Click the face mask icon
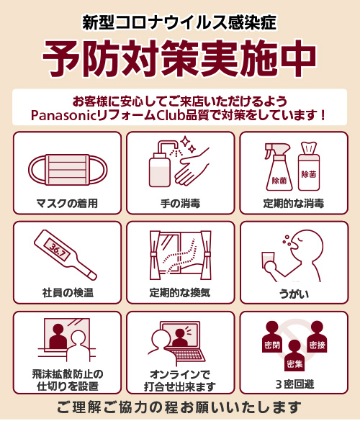click(x=68, y=170)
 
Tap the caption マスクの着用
click(x=67, y=204)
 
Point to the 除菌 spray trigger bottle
click(x=278, y=167)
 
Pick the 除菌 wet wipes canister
click(x=309, y=166)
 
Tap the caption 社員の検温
click(x=68, y=293)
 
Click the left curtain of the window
click(x=155, y=255)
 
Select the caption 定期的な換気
click(x=180, y=292)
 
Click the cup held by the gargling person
click(x=268, y=259)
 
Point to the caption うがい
click(x=294, y=294)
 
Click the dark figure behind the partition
click(x=58, y=336)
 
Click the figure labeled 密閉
click(x=272, y=337)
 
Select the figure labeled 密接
click(x=317, y=337)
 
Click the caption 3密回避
click(x=294, y=384)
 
